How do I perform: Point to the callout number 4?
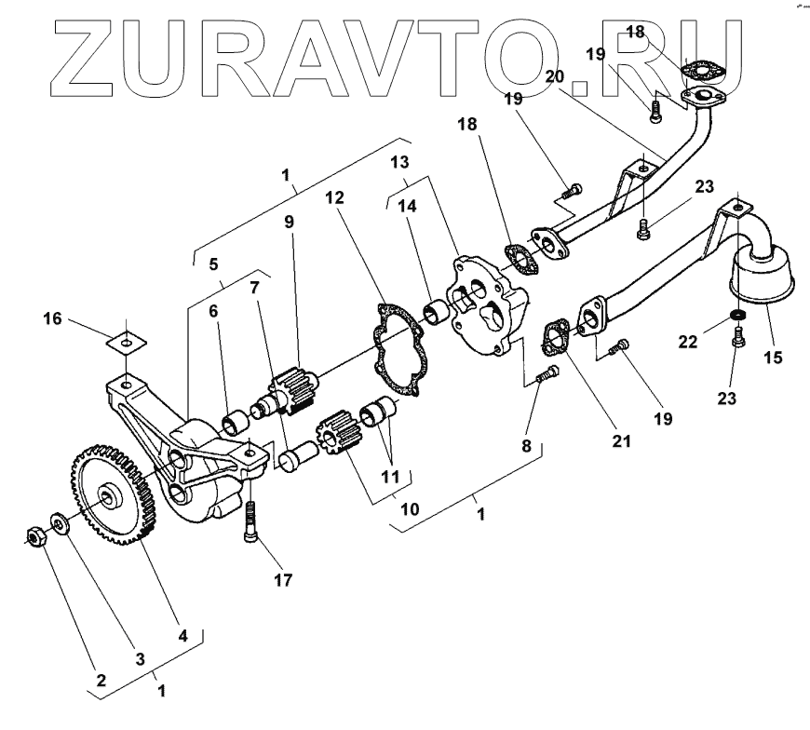pyautogui.click(x=183, y=637)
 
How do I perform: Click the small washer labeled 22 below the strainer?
pyautogui.click(x=737, y=318)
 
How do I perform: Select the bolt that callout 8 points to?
pyautogui.click(x=548, y=375)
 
